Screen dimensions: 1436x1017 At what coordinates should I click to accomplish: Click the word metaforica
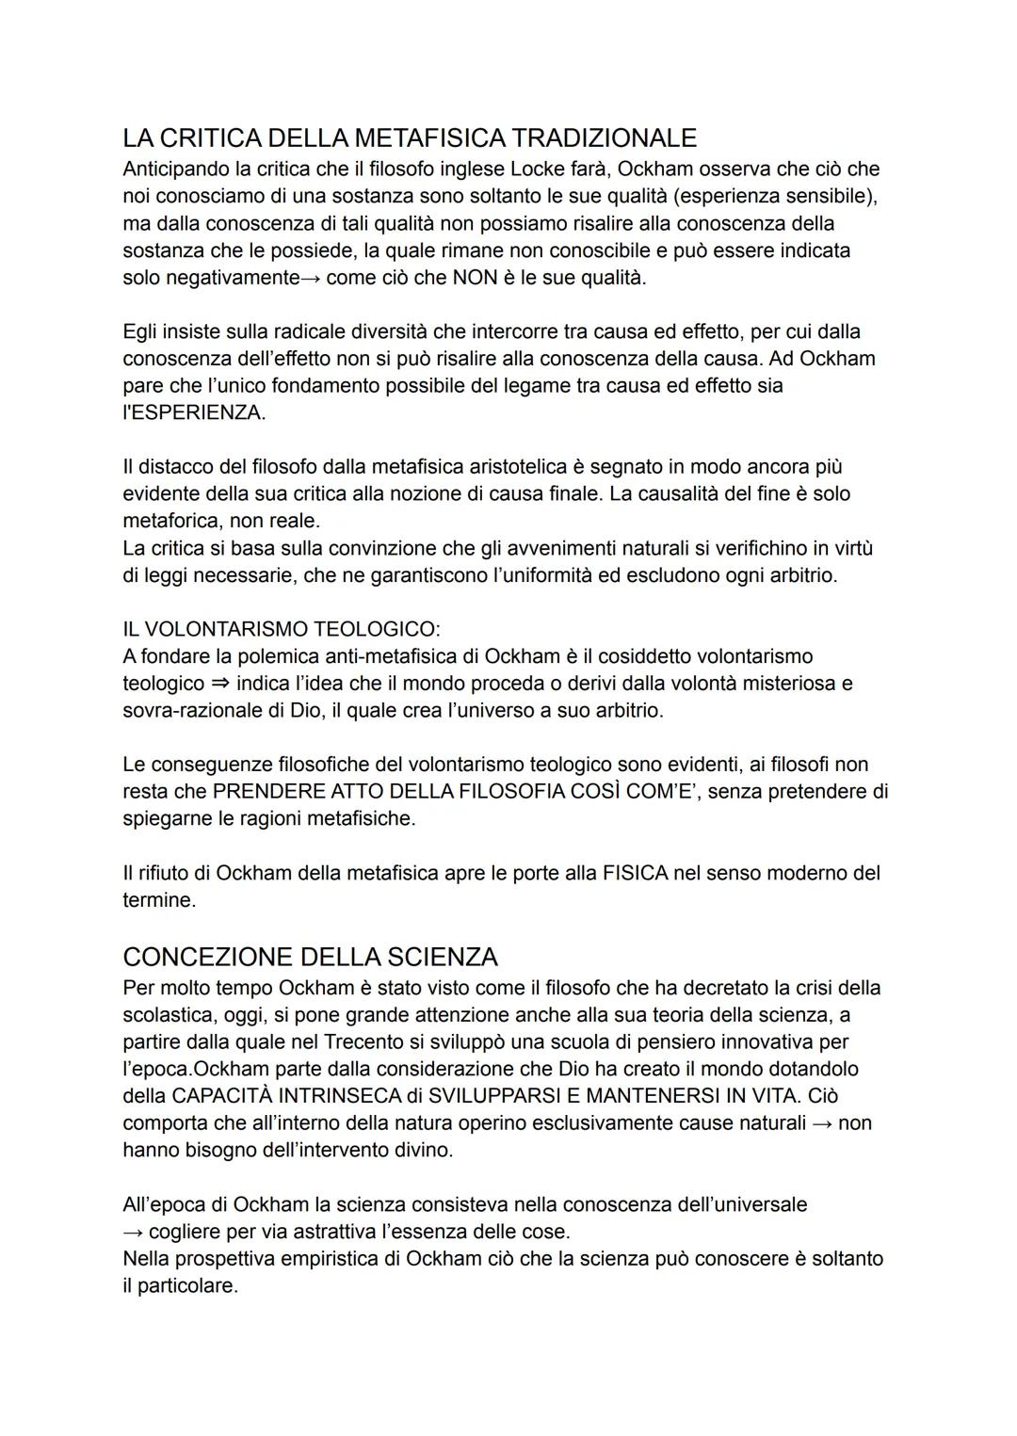point(172,521)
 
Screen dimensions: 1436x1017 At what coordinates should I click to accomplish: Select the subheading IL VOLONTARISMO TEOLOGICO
point(281,629)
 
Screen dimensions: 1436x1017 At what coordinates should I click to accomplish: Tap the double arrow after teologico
point(220,684)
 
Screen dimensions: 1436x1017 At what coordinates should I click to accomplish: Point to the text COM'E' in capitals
point(654,792)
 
